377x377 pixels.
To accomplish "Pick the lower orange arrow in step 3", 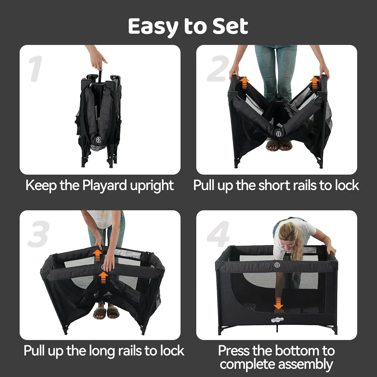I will pos(103,277).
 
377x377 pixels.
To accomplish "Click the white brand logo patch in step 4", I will pos(277,320).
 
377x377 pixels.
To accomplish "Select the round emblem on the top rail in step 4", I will pos(277,265).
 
